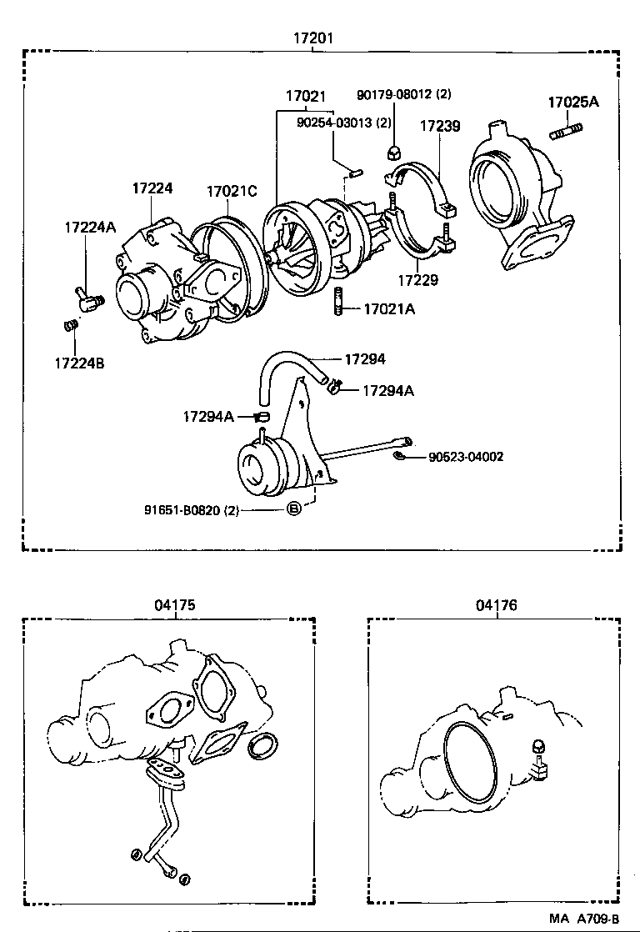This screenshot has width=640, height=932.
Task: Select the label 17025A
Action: pyautogui.click(x=572, y=103)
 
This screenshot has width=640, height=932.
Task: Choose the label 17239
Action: pyautogui.click(x=439, y=126)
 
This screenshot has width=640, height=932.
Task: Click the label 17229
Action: pyautogui.click(x=417, y=281)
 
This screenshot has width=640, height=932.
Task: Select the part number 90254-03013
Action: pyautogui.click(x=343, y=122)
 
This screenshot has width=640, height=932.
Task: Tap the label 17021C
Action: pyautogui.click(x=232, y=191)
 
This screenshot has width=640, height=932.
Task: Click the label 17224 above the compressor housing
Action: pyautogui.click(x=152, y=188)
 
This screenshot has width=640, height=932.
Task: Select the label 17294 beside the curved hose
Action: pyautogui.click(x=365, y=359)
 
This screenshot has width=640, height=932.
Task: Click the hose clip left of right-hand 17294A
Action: pyautogui.click(x=337, y=386)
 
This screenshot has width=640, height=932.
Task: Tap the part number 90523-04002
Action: pyautogui.click(x=466, y=457)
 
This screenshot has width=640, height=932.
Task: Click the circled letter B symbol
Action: pyautogui.click(x=293, y=509)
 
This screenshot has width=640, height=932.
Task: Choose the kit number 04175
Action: pyautogui.click(x=174, y=606)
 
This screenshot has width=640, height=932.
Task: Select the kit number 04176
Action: pyautogui.click(x=496, y=606)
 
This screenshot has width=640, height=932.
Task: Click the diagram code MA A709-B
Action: pyautogui.click(x=586, y=918)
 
